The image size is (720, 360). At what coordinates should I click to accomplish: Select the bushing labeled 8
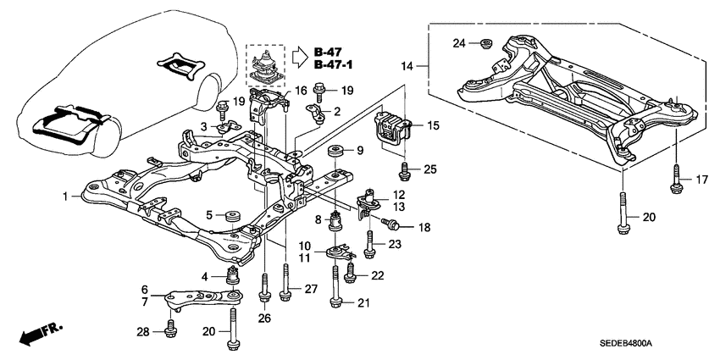point(335,224)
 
